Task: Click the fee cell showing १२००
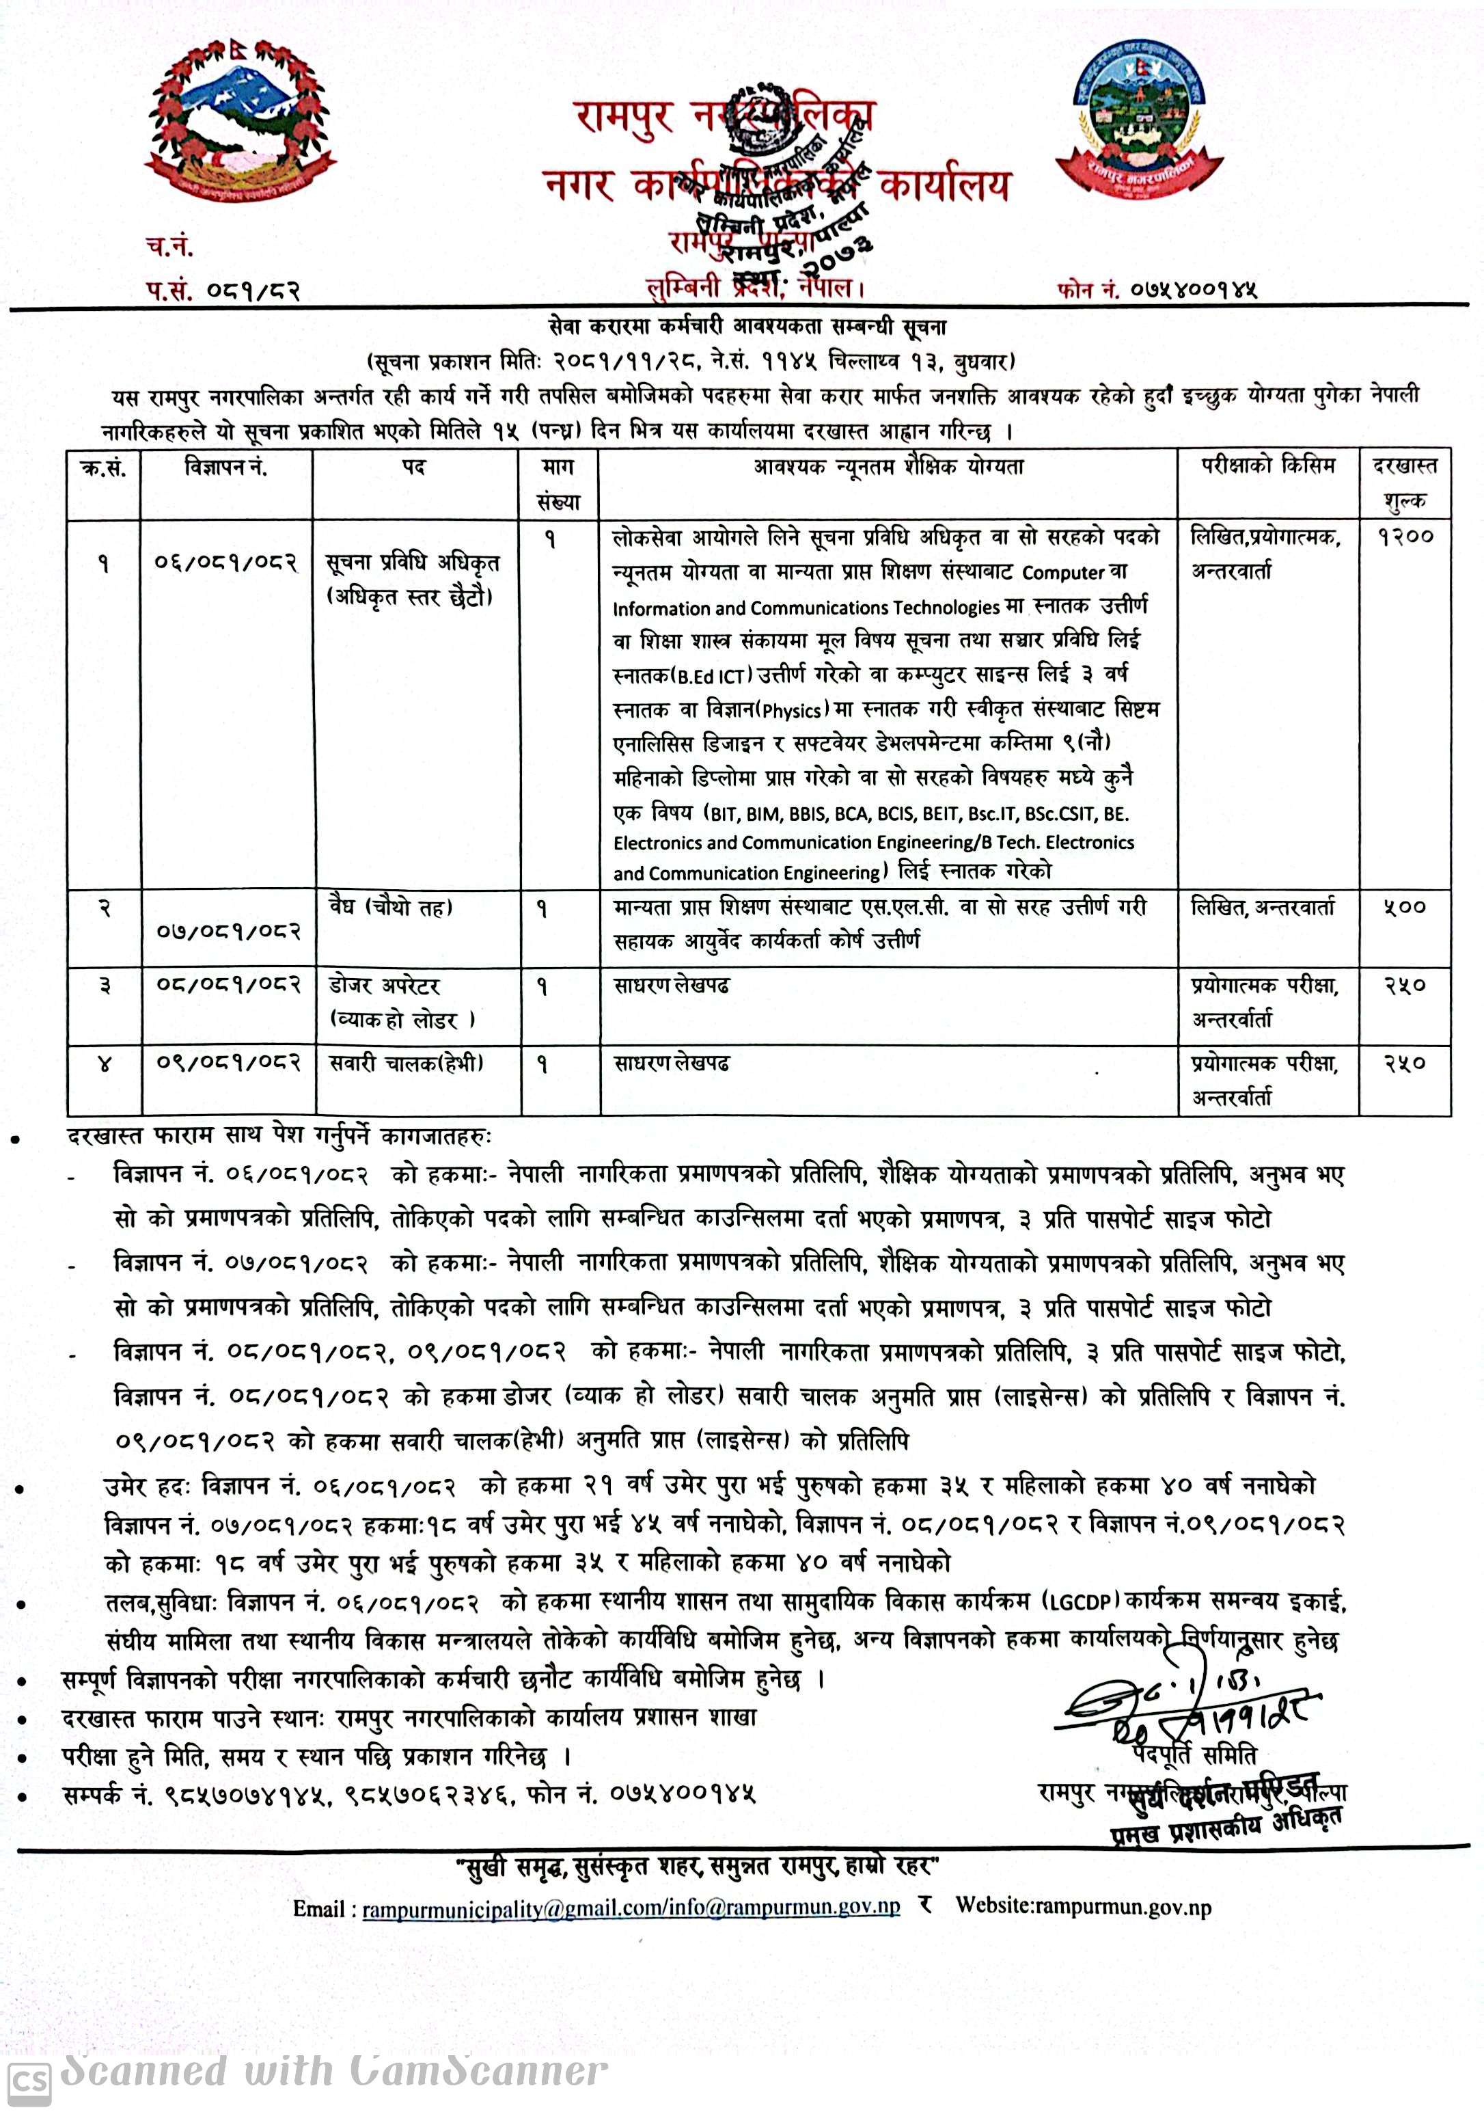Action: click(1405, 536)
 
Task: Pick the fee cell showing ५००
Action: click(1405, 908)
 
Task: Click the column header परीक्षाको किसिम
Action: click(1267, 466)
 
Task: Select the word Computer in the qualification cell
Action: click(1062, 573)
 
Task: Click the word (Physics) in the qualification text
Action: click(791, 711)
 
